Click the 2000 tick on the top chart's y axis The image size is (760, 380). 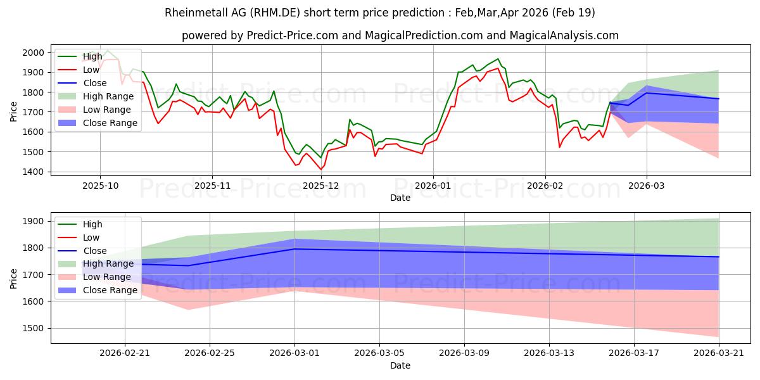point(33,53)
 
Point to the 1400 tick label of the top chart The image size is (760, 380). point(33,172)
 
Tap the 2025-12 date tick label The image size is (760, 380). point(320,186)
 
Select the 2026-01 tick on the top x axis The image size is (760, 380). point(433,186)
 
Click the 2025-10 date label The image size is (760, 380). point(101,186)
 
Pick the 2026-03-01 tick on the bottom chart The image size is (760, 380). point(294,353)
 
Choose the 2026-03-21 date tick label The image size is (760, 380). point(719,353)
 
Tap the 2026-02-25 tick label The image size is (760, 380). point(210,353)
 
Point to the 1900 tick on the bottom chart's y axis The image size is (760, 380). point(33,221)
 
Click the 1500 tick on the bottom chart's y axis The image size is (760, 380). point(33,329)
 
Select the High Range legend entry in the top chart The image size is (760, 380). point(96,96)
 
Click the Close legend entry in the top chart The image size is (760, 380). point(82,83)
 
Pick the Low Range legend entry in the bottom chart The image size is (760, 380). point(94,277)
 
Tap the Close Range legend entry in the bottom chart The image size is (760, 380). point(98,291)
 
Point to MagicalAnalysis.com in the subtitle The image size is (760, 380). point(564,35)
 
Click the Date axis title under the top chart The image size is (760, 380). point(400,198)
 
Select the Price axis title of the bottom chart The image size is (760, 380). point(13,279)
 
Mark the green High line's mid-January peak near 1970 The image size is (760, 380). point(498,59)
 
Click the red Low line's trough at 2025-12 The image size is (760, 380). point(321,170)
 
